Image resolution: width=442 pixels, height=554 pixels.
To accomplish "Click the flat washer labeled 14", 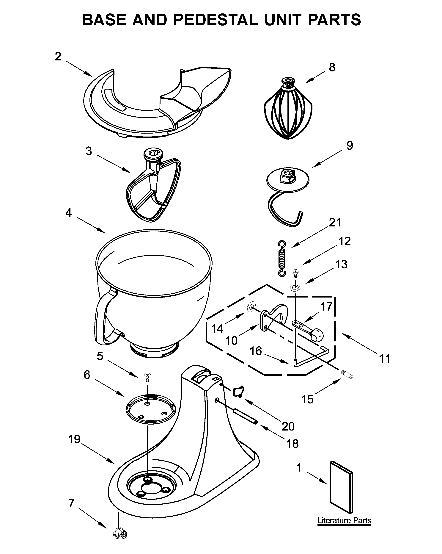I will tap(251, 307).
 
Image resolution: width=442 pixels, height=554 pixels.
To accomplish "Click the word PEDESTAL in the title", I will tap(216, 20).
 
